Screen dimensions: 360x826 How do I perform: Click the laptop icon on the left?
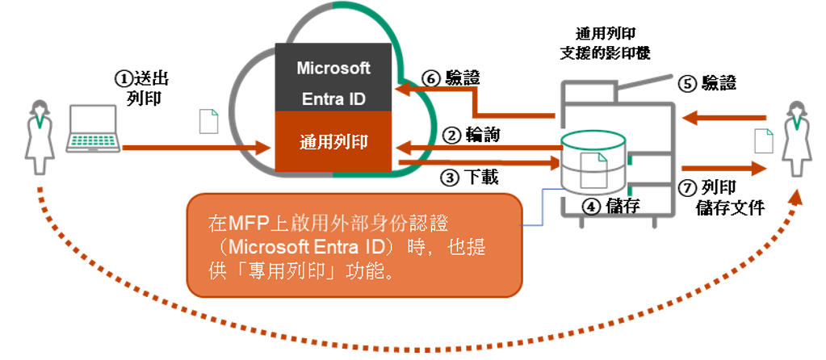point(92,129)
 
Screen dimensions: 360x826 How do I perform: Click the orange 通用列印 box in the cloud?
point(333,142)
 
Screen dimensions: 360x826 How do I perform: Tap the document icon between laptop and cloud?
point(209,120)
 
